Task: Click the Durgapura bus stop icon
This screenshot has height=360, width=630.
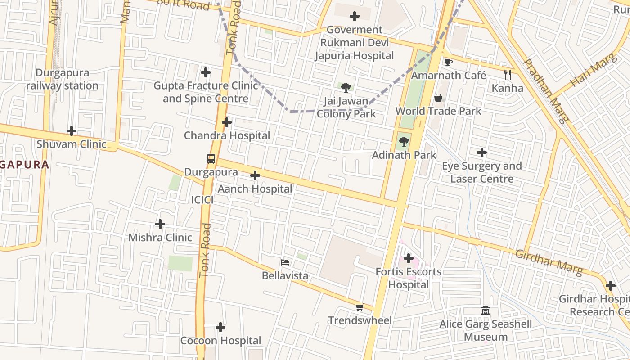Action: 211,158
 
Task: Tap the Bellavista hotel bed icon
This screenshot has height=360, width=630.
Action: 285,262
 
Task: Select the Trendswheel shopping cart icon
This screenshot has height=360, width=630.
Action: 360,307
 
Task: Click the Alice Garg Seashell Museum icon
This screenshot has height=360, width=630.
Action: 486,310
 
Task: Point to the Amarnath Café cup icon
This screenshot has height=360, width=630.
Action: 448,62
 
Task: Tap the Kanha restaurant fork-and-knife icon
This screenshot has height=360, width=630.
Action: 508,74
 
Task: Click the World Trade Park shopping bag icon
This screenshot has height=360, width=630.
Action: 438,98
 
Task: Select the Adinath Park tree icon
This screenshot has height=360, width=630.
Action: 404,142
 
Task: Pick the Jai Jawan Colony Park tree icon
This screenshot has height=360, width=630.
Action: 346,88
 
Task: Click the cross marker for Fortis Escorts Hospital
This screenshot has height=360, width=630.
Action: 409,258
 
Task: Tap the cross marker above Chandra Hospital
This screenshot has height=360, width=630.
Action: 227,122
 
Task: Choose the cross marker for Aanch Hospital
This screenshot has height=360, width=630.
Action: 255,175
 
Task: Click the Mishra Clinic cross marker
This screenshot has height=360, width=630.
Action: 160,224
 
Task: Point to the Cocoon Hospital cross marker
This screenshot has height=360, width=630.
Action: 220,327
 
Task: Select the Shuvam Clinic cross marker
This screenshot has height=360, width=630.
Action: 72,131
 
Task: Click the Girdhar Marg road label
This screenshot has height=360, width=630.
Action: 549,261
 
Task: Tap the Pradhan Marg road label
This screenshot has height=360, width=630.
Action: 546,90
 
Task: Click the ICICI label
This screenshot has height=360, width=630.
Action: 202,200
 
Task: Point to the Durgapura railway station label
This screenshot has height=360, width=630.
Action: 62,79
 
